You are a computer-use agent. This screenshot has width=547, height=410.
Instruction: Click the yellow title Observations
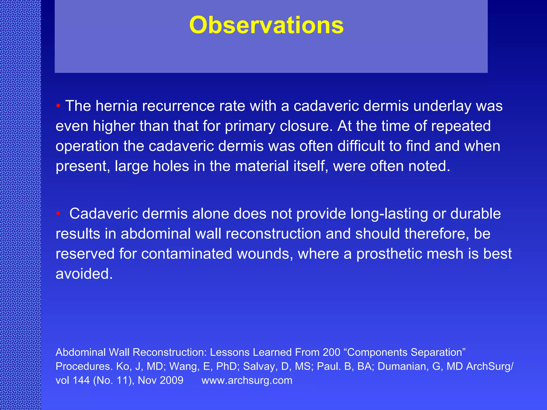266,25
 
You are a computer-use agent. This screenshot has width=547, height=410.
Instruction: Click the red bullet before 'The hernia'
58,106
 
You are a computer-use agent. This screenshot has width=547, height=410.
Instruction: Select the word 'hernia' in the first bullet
116,106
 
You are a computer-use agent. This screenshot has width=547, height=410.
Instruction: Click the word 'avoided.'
84,274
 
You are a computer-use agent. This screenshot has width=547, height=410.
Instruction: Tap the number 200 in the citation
331,352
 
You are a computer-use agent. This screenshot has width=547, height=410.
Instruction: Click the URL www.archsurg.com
247,380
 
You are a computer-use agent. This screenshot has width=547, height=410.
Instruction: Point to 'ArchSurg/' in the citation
490,366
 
